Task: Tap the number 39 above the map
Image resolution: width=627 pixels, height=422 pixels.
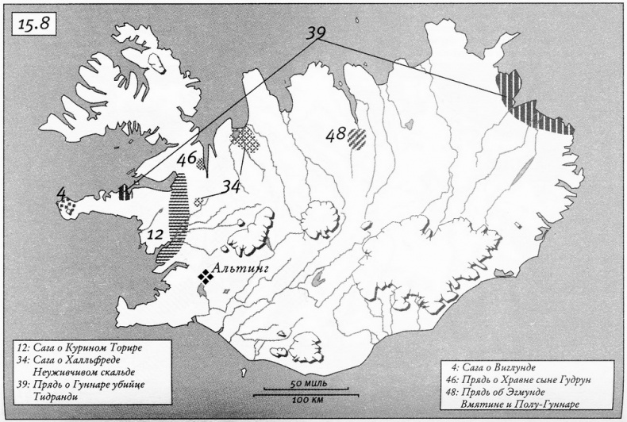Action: (x=317, y=33)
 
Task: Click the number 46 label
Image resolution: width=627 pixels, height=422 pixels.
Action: (x=187, y=159)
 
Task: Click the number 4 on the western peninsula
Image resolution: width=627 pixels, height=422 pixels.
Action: (x=61, y=193)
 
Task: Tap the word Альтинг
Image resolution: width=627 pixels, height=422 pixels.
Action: (x=244, y=270)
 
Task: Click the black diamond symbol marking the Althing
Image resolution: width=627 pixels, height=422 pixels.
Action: (x=206, y=276)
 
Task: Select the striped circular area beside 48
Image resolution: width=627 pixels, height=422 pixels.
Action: (x=358, y=138)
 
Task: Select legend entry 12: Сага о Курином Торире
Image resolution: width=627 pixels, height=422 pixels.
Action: (x=82, y=347)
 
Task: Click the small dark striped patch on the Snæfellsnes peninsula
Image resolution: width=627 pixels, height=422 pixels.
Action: (x=125, y=193)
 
